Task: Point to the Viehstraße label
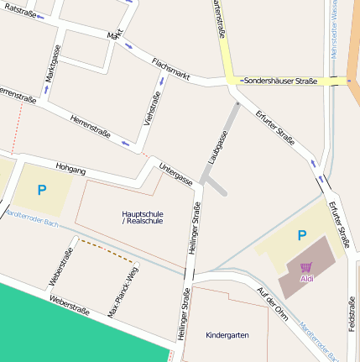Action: (x=154, y=108)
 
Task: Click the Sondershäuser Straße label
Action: (x=279, y=81)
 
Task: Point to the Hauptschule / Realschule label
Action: (x=143, y=218)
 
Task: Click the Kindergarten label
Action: (x=227, y=334)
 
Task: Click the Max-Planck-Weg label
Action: (x=123, y=292)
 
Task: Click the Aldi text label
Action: (x=307, y=278)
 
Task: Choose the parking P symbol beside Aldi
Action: (x=301, y=236)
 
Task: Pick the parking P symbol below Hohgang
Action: (x=41, y=191)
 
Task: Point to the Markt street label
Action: (x=115, y=34)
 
